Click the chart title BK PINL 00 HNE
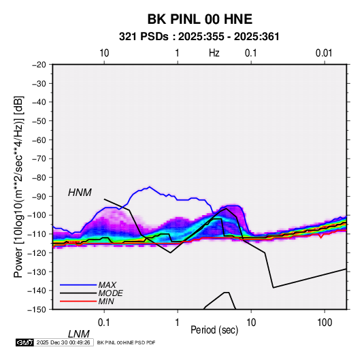[x=199, y=19]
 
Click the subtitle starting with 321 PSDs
[x=199, y=37]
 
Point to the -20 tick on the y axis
[x=39, y=65]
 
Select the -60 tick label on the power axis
[x=39, y=140]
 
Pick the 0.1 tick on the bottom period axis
[x=104, y=323]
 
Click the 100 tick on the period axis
[x=324, y=323]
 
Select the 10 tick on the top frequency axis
[x=104, y=53]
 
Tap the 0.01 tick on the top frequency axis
[x=324, y=53]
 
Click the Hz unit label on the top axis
[x=214, y=53]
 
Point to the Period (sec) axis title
[x=214, y=330]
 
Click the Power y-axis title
[x=18, y=186]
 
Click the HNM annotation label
[x=80, y=193]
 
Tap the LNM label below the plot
[x=79, y=334]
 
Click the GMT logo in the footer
[x=24, y=342]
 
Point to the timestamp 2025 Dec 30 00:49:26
[x=63, y=342]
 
